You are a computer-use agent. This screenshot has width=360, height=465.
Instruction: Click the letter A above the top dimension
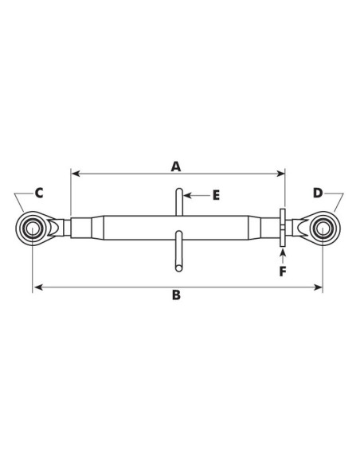[x=176, y=166]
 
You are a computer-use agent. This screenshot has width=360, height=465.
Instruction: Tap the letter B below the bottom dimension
[x=176, y=295]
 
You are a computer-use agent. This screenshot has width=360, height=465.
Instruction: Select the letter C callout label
[x=39, y=193]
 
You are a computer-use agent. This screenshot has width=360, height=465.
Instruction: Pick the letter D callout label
[x=318, y=193]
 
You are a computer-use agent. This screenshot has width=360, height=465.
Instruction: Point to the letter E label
[x=216, y=195]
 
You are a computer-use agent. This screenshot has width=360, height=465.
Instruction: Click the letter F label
[x=283, y=272]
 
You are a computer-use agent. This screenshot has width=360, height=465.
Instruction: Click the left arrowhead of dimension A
[x=76, y=174]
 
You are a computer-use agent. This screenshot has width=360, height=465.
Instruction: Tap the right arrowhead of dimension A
[x=280, y=174]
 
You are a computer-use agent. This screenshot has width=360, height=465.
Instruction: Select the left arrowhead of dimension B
[x=38, y=287]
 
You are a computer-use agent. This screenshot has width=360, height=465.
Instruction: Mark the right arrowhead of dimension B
[x=318, y=287]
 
